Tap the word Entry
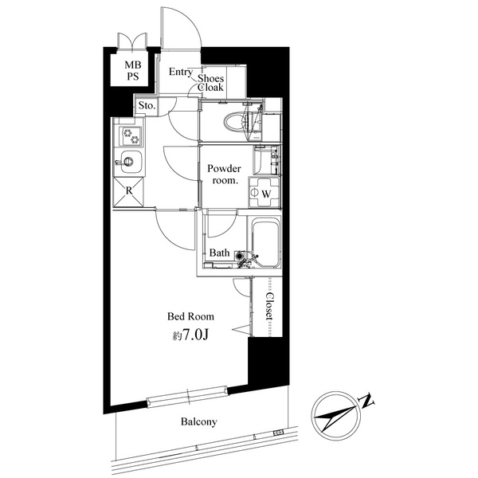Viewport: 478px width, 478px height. pyautogui.click(x=181, y=72)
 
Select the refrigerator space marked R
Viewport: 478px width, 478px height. pyautogui.click(x=129, y=191)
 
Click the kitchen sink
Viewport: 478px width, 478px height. pyautogui.click(x=129, y=164)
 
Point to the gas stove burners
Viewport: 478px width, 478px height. pyautogui.click(x=129, y=135)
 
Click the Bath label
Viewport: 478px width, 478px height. pyautogui.click(x=219, y=253)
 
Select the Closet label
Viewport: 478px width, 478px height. pyautogui.click(x=269, y=306)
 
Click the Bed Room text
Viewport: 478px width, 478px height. pyautogui.click(x=190, y=315)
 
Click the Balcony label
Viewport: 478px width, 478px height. pyautogui.click(x=198, y=421)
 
